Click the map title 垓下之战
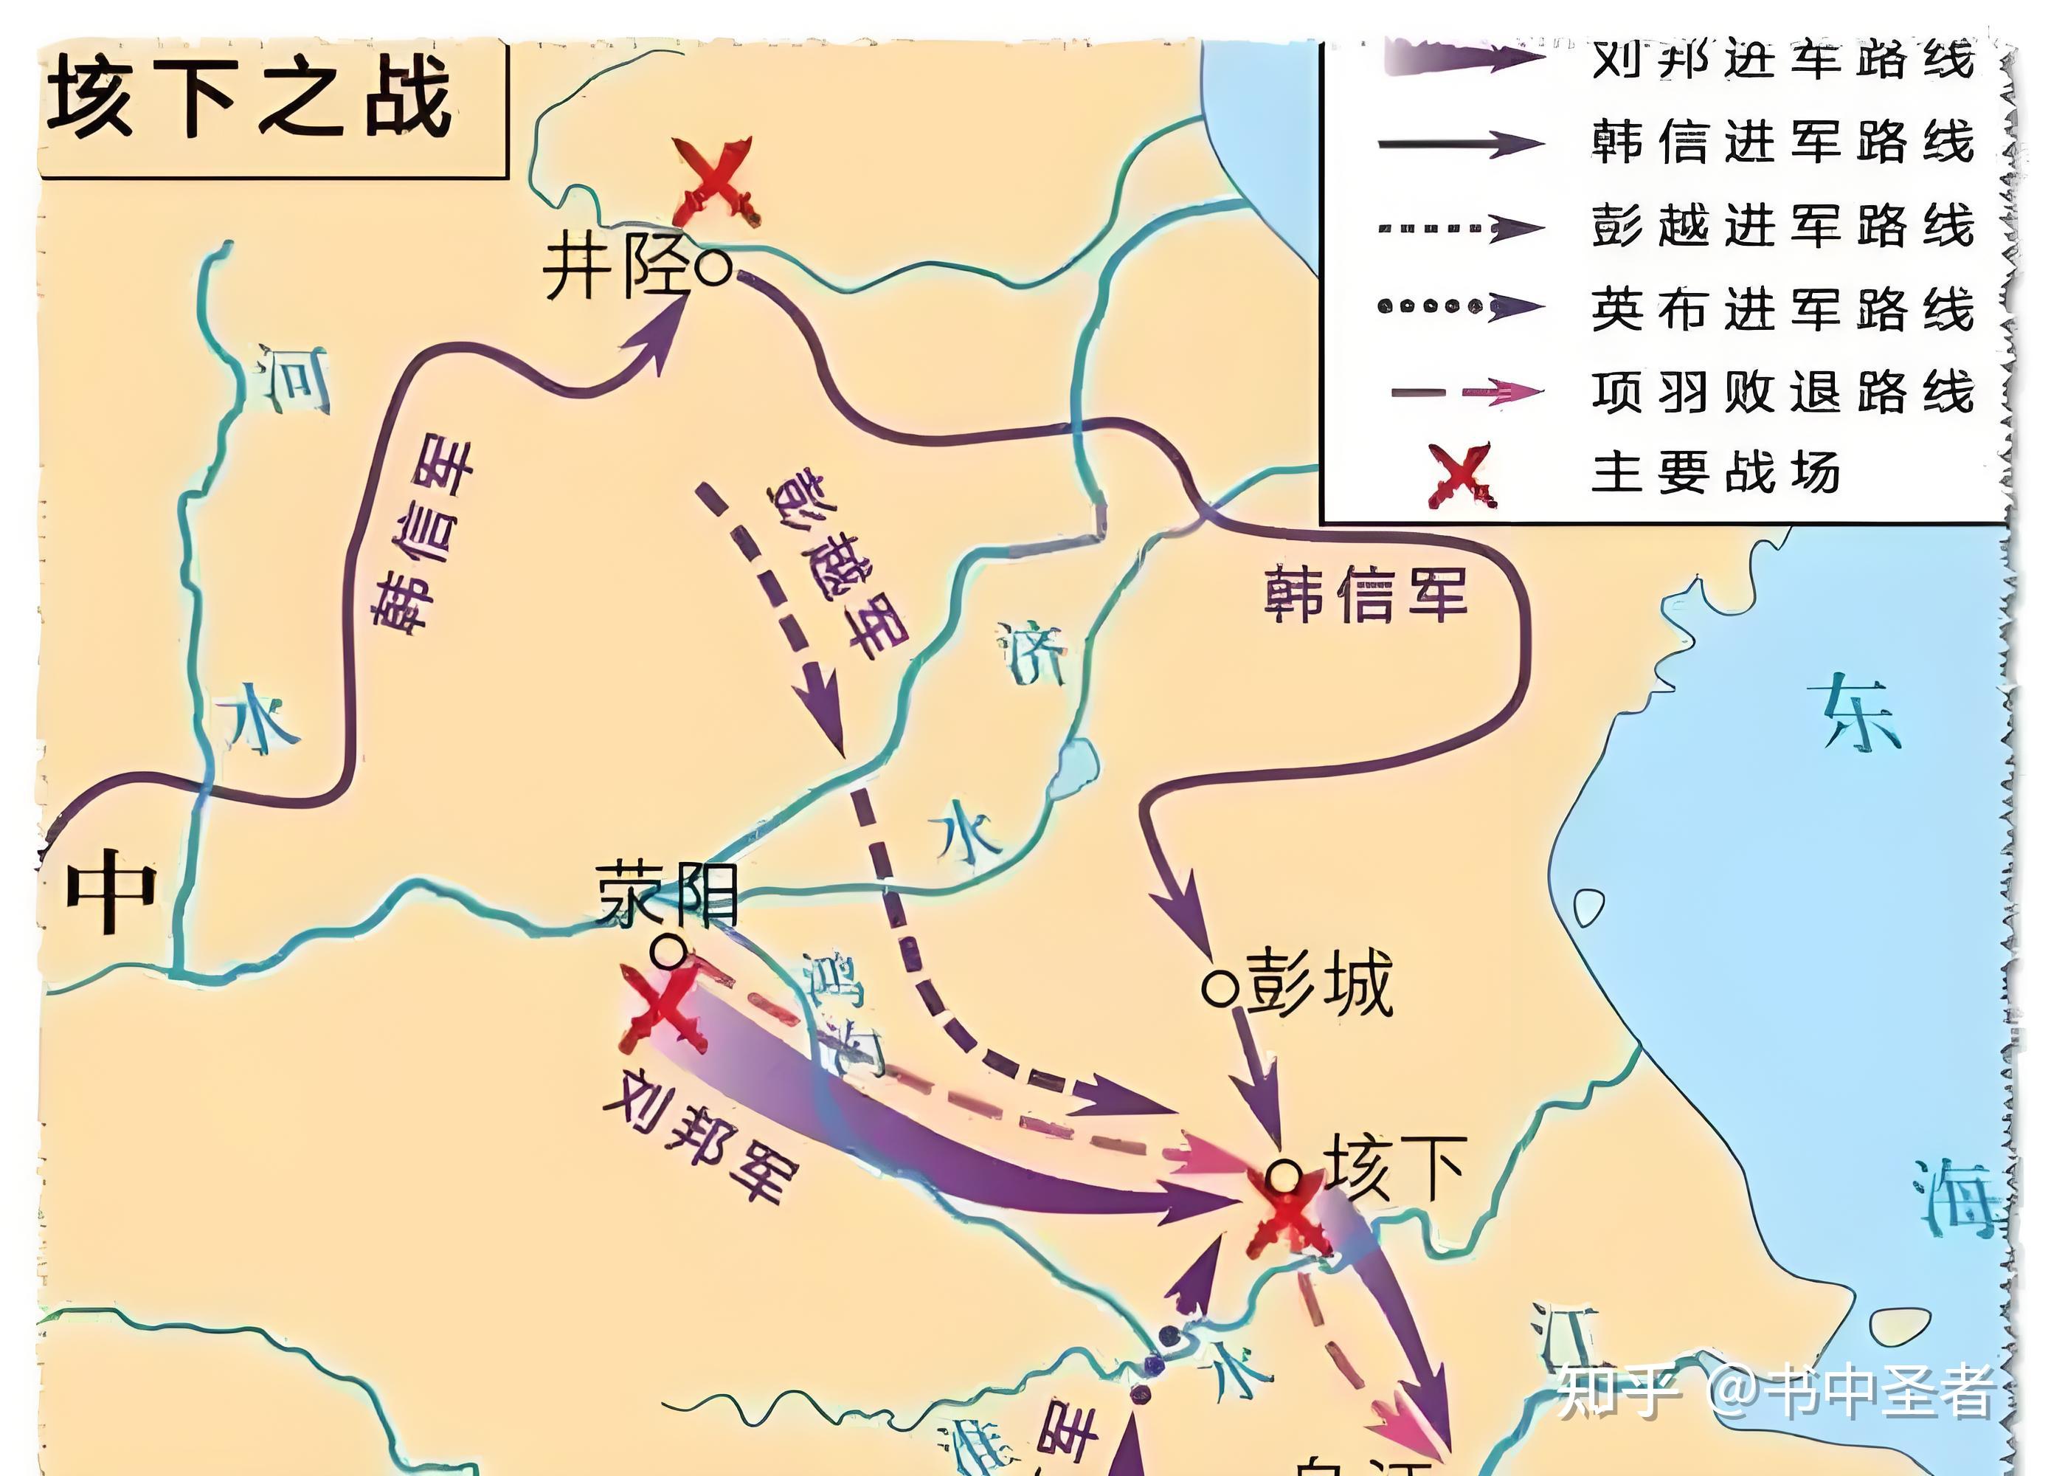pos(251,97)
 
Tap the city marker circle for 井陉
pos(713,268)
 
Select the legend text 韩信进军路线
pos(1782,143)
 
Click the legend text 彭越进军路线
pos(1782,226)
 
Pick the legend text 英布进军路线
pos(1782,309)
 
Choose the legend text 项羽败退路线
pos(1782,393)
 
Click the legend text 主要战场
pos(1715,472)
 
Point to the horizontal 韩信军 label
pos(1365,594)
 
